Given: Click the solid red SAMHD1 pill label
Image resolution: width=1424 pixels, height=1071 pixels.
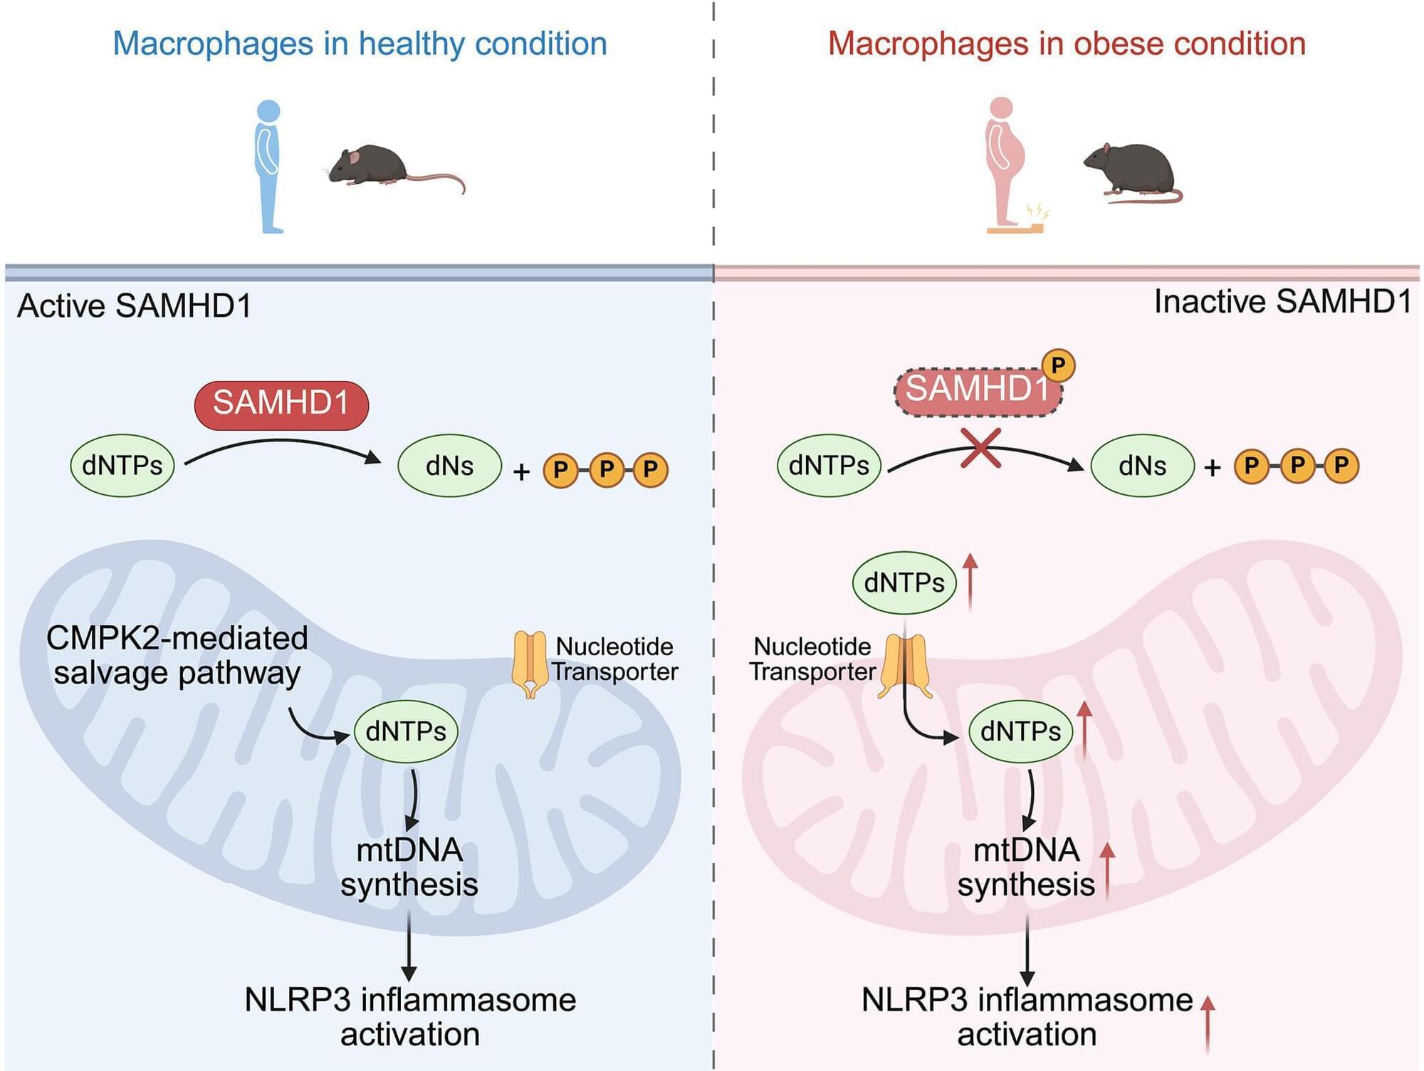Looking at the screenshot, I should pyautogui.click(x=281, y=404).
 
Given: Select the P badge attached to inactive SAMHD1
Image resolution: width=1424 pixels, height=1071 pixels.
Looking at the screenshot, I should pyautogui.click(x=1058, y=365).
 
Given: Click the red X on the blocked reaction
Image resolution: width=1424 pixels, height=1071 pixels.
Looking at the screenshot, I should pyautogui.click(x=980, y=448).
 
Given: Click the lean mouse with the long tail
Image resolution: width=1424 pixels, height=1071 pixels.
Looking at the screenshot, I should pyautogui.click(x=384, y=167).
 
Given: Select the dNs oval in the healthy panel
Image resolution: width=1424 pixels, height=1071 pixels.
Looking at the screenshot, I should pyautogui.click(x=449, y=466).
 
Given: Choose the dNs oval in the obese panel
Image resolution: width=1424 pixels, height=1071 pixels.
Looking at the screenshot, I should pyautogui.click(x=1142, y=466).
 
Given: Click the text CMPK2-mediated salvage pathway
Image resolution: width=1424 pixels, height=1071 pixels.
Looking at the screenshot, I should pyautogui.click(x=177, y=656).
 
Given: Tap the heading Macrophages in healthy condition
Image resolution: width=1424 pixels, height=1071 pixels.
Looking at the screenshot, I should pyautogui.click(x=360, y=43).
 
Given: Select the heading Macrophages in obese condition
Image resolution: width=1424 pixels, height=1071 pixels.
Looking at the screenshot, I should pyautogui.click(x=1067, y=43).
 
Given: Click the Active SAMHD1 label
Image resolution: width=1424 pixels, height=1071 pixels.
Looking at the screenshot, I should pyautogui.click(x=135, y=305).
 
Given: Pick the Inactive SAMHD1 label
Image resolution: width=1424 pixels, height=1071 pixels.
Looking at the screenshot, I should pyautogui.click(x=1282, y=301).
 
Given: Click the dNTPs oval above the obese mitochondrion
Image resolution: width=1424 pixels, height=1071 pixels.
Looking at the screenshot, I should pyautogui.click(x=904, y=582).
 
